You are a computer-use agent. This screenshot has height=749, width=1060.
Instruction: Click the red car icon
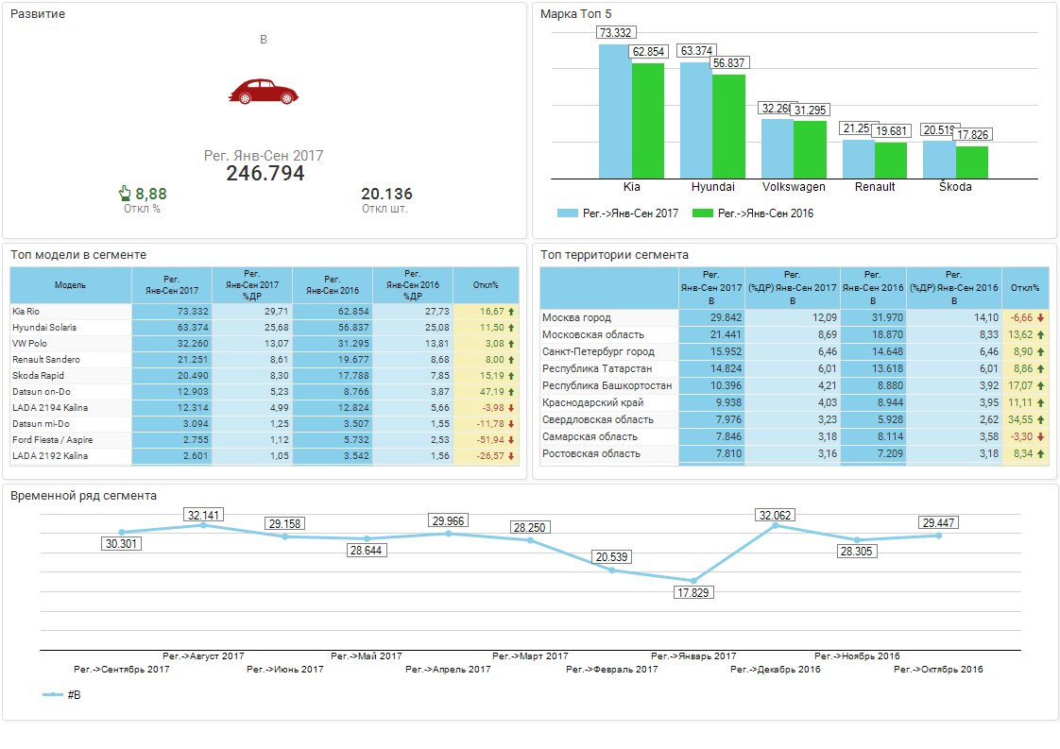pyautogui.click(x=263, y=91)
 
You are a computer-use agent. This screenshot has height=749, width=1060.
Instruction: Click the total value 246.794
pyautogui.click(x=265, y=174)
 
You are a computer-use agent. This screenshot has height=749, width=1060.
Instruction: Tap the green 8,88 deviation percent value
pyautogui.click(x=150, y=194)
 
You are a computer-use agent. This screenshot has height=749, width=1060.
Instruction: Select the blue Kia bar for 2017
pyautogui.click(x=614, y=111)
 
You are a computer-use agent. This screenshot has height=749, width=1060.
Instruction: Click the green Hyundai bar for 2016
pyautogui.click(x=727, y=127)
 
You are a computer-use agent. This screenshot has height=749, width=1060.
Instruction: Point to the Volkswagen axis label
pyautogui.click(x=794, y=187)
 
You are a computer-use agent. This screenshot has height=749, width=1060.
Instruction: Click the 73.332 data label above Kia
pyautogui.click(x=614, y=33)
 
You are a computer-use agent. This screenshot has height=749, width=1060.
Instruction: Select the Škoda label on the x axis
pyautogui.click(x=955, y=187)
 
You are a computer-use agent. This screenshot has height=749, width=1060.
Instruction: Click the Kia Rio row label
pyautogui.click(x=26, y=311)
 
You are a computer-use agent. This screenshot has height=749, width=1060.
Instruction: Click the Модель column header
pyautogui.click(x=70, y=284)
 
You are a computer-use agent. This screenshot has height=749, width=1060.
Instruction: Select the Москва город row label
pyautogui.click(x=576, y=318)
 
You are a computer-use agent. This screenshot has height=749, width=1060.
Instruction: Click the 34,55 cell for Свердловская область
pyautogui.click(x=1020, y=419)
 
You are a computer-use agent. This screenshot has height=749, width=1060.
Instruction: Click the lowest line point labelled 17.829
pyautogui.click(x=693, y=580)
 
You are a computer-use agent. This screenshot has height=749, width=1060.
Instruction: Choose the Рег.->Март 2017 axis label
pyautogui.click(x=530, y=655)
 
